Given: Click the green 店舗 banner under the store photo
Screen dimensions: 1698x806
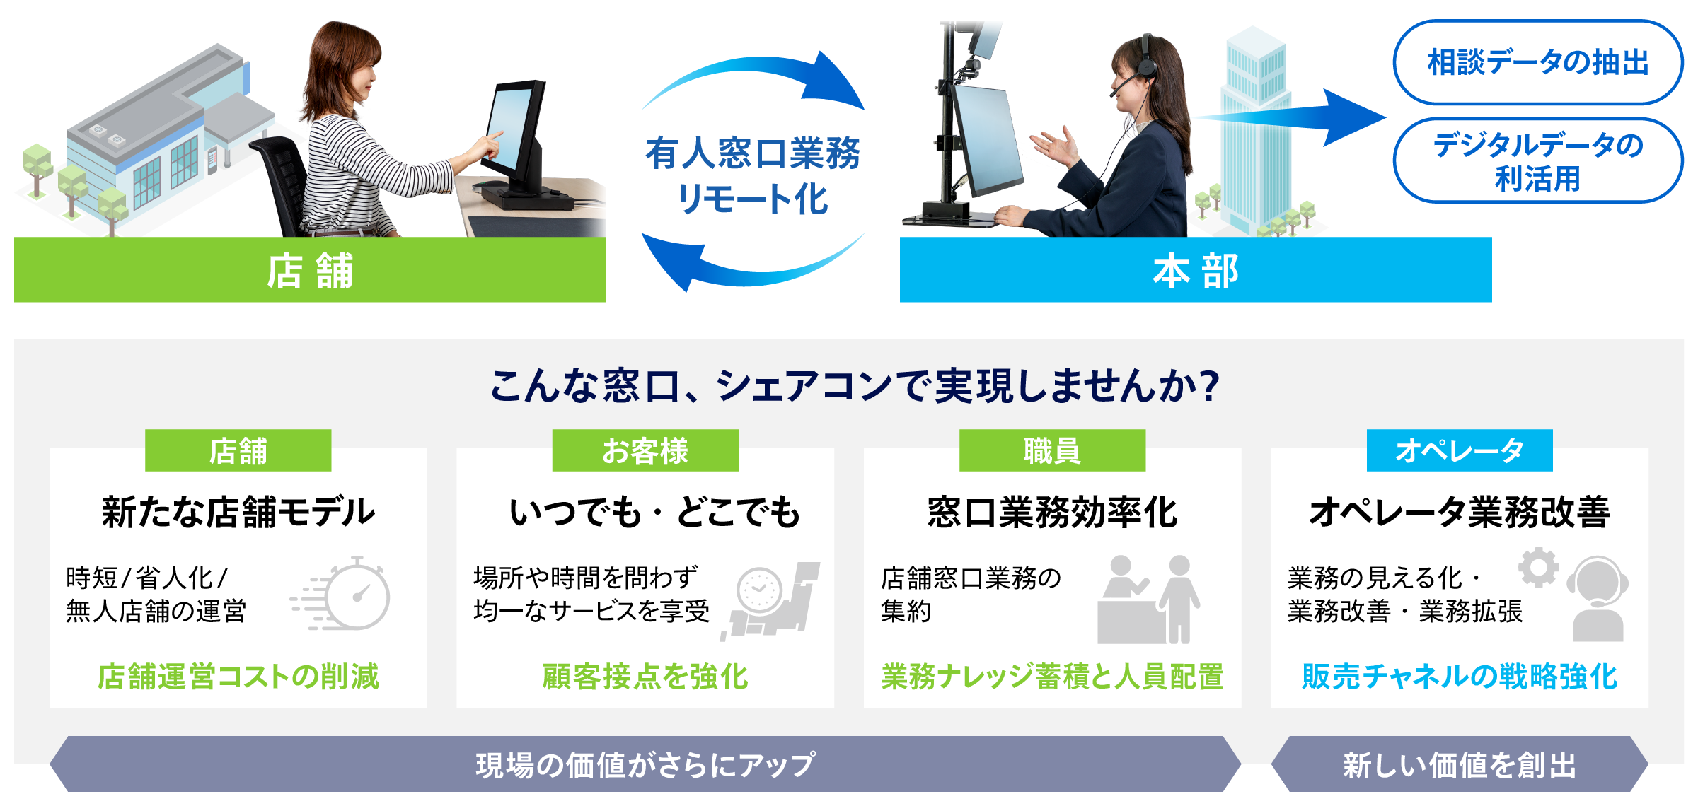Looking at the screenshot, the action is tap(310, 269).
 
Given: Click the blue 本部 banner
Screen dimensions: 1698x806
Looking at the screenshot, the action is tap(1196, 269).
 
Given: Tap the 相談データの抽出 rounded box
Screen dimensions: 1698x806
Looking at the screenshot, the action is tap(1538, 62).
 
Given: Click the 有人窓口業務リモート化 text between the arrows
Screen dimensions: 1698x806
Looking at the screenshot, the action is tap(753, 175).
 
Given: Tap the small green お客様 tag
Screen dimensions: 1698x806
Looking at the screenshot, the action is tap(645, 450).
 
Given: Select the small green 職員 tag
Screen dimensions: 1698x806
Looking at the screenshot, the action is tap(1052, 450).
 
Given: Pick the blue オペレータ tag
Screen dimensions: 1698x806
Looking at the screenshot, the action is tap(1460, 450).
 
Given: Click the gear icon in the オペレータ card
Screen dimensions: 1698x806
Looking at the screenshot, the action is tap(1538, 567).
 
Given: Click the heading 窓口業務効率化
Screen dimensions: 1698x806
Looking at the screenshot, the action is tap(1052, 512).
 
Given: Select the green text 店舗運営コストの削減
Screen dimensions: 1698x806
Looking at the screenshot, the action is tap(238, 677).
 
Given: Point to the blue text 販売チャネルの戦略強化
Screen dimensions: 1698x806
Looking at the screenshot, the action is tap(1460, 677).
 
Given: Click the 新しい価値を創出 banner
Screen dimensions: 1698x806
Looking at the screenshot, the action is tap(1460, 764).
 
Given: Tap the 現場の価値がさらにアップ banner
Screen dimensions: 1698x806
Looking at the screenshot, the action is tap(645, 764).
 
